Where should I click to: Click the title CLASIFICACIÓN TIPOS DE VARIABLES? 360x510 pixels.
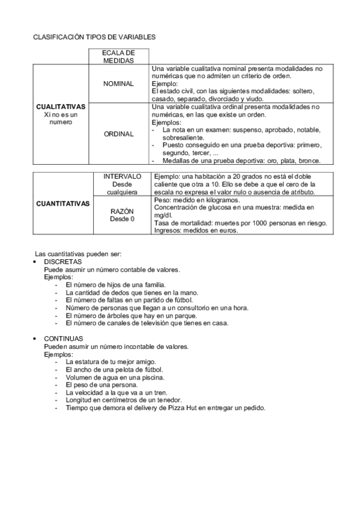[x=94, y=37]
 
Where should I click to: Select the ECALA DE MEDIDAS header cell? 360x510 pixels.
[x=118, y=57]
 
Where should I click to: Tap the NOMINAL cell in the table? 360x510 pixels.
[x=118, y=84]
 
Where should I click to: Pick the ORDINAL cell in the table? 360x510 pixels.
[x=118, y=134]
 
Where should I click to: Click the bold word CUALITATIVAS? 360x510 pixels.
[x=61, y=106]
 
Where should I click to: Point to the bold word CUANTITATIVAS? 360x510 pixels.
[x=63, y=203]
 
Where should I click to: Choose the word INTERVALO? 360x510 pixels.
[x=122, y=176]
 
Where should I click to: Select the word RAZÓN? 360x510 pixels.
[x=122, y=211]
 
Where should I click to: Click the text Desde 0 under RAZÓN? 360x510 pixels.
[x=122, y=219]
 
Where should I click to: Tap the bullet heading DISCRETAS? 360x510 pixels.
[x=64, y=263]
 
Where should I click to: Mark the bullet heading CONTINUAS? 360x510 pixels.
[x=64, y=339]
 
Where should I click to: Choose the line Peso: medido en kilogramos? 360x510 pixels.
[x=197, y=200]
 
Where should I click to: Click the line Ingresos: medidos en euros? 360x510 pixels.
[x=196, y=230]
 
